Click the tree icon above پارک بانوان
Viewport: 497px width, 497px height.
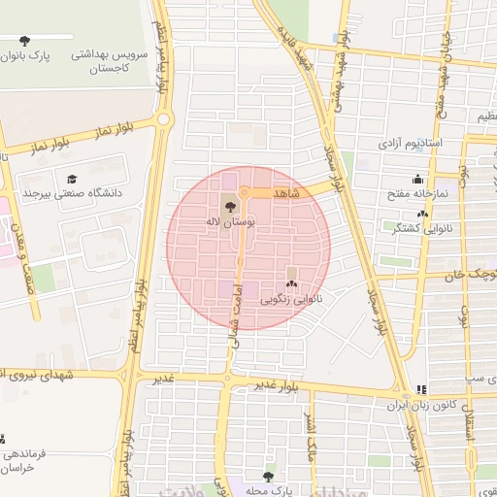coord(24,41)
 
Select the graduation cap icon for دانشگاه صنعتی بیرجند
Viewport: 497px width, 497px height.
coord(72,179)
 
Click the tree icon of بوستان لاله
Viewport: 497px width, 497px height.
coord(230,207)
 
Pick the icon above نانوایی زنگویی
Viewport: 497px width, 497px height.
coord(292,283)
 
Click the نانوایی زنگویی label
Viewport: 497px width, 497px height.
coord(292,299)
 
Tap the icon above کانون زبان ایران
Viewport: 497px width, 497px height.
coord(421,389)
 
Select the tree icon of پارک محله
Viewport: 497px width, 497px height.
coord(268,477)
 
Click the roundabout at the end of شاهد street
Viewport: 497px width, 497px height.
coord(245,193)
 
